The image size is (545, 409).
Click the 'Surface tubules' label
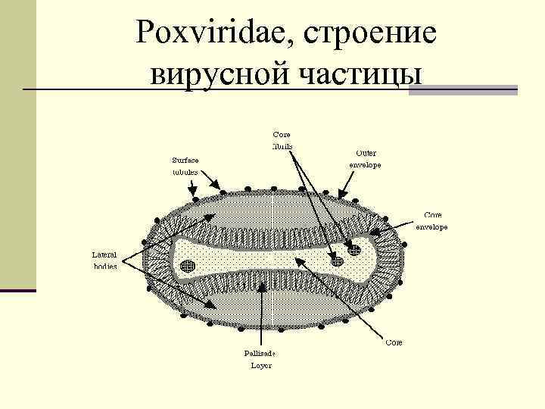185,166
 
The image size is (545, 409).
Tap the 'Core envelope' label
432,220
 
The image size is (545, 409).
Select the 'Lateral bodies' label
104,261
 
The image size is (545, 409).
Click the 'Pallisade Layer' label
260,359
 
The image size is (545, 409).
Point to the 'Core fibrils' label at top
282,140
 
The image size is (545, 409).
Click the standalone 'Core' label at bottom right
394,342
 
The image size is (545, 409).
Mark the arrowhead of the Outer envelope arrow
340,196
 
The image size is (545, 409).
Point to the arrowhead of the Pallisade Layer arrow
260,282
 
